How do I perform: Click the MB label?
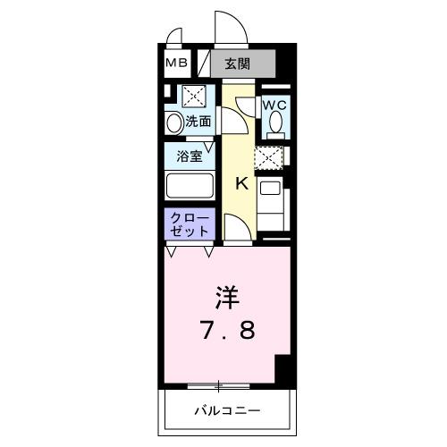[x=177, y=63]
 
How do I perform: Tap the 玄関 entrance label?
[x=237, y=63]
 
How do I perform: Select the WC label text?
[x=274, y=105]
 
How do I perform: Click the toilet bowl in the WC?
[x=274, y=123]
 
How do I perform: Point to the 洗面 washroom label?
[x=198, y=121]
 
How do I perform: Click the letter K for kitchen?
[x=240, y=184]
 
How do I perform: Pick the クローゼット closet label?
[x=189, y=223]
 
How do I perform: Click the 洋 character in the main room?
[x=227, y=295]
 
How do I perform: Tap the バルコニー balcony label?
[x=227, y=411]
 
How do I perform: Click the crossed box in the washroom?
[x=193, y=97]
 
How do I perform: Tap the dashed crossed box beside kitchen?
[x=268, y=159]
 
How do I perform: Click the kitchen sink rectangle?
[x=269, y=190]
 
